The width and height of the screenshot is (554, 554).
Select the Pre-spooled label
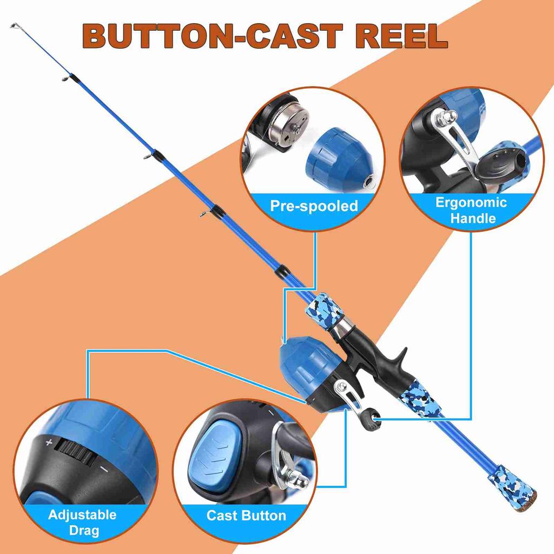pyautogui.click(x=314, y=206)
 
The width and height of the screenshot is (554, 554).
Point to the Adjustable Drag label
pyautogui.click(x=82, y=522)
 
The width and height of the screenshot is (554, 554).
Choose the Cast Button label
pyautogui.click(x=246, y=516)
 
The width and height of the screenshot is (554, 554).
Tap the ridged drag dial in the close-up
pyautogui.click(x=75, y=453)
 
